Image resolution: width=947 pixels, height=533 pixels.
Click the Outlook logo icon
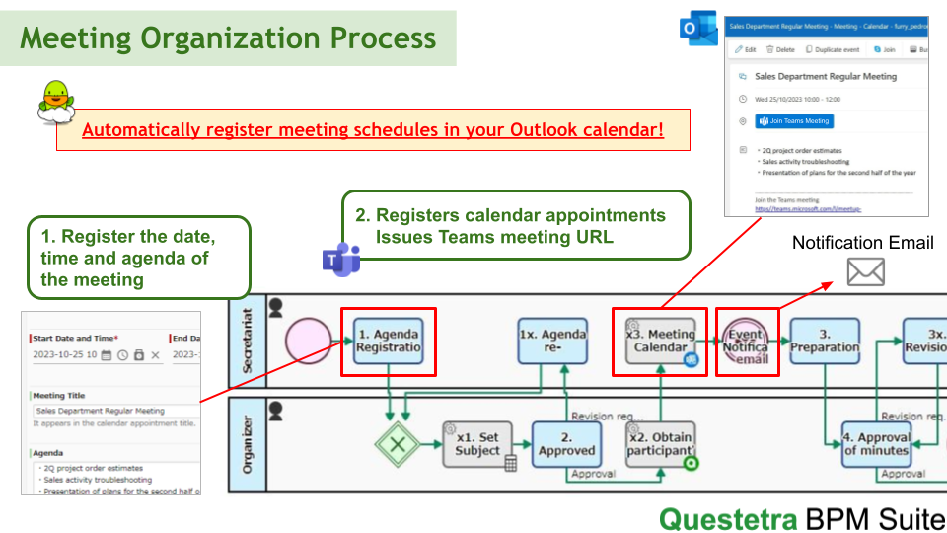(x=698, y=29)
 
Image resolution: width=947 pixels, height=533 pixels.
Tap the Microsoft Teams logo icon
(x=341, y=259)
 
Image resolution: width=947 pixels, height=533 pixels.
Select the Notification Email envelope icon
(x=865, y=271)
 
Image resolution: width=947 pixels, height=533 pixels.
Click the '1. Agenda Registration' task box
(x=389, y=341)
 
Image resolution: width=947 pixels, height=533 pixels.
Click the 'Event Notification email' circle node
(x=746, y=341)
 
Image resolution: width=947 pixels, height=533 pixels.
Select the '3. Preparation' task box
(x=825, y=341)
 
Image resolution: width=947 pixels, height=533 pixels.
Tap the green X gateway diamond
(x=399, y=444)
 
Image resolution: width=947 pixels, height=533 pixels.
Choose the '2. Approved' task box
(x=566, y=444)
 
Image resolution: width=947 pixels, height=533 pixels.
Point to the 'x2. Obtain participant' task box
(x=660, y=444)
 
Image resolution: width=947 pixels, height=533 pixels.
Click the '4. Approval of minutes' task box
(x=876, y=444)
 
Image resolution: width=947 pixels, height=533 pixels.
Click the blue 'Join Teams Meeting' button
(x=794, y=121)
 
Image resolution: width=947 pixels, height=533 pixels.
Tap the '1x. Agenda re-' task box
(x=552, y=341)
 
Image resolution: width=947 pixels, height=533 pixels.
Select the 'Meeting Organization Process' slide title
(x=228, y=38)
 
